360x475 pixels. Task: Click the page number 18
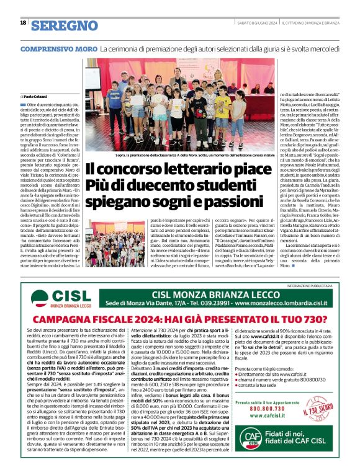click(23, 23)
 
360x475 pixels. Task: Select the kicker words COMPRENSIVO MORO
click(59, 48)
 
